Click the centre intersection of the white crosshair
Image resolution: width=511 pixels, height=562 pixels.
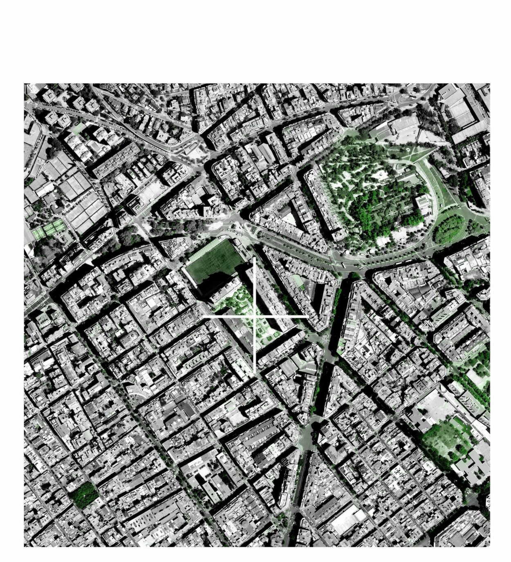255,317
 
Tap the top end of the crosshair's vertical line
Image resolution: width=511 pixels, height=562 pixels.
255,258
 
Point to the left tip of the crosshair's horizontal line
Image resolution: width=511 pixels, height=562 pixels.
203,317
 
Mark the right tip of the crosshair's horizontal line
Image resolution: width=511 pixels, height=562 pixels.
308,317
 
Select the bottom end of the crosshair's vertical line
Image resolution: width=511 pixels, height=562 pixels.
255,372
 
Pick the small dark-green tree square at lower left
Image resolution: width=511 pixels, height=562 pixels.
83,495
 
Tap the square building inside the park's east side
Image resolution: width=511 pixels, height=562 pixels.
422,202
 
